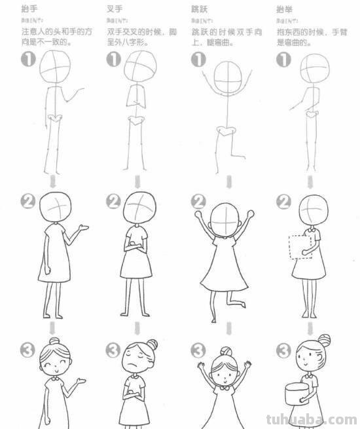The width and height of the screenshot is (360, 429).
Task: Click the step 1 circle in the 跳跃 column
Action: tap(198, 60)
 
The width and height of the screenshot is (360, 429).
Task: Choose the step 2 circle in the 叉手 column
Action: tap(114, 201)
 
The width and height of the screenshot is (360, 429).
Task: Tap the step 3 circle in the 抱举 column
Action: tap(284, 350)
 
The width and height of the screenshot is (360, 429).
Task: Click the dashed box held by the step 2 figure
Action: tap(298, 247)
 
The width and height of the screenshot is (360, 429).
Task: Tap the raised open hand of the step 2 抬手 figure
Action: tap(84, 227)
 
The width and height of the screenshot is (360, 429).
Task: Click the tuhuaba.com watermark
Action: tap(315, 419)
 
